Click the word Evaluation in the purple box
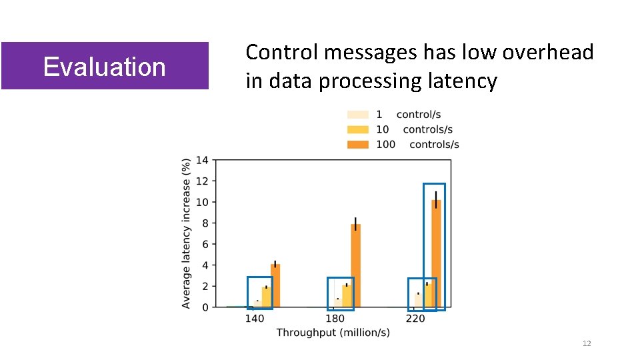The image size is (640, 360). point(104,67)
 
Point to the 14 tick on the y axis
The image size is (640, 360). point(202,160)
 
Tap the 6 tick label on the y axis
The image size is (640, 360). point(205,244)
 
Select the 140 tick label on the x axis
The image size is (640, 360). point(254,319)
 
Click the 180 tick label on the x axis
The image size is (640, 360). point(335,319)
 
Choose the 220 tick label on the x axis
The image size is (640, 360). point(415,319)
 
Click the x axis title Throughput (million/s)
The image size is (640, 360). point(333,332)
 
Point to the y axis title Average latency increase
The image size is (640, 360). point(187,233)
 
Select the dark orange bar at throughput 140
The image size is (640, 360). point(275,286)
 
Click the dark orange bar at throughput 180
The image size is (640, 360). point(356,266)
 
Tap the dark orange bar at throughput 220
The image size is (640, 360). point(436,253)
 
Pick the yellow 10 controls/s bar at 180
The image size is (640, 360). point(347,296)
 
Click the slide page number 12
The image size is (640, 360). point(587,343)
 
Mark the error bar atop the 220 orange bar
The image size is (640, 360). point(436,199)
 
